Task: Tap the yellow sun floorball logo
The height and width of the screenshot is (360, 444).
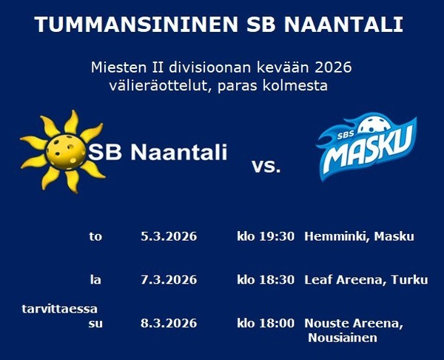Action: pos(62,150)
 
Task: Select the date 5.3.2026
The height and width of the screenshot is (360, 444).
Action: pos(169,237)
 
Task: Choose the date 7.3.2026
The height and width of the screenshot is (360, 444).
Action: pos(169,280)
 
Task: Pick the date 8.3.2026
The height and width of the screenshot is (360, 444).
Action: pos(169,324)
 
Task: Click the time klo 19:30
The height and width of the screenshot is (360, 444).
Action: pos(266,237)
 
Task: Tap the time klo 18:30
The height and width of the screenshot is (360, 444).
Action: pos(266,280)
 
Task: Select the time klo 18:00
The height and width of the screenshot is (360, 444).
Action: pos(266,324)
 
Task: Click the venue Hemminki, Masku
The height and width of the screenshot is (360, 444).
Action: pos(359,237)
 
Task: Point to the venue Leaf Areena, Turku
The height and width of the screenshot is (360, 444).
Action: pos(366,280)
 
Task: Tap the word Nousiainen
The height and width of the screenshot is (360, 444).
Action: pos(342,338)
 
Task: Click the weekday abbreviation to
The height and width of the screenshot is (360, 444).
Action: pos(95,237)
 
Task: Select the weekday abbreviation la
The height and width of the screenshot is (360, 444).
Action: pos(95,280)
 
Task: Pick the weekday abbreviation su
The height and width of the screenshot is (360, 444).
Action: pos(95,324)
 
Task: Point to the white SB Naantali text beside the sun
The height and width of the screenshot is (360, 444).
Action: pos(158,153)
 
